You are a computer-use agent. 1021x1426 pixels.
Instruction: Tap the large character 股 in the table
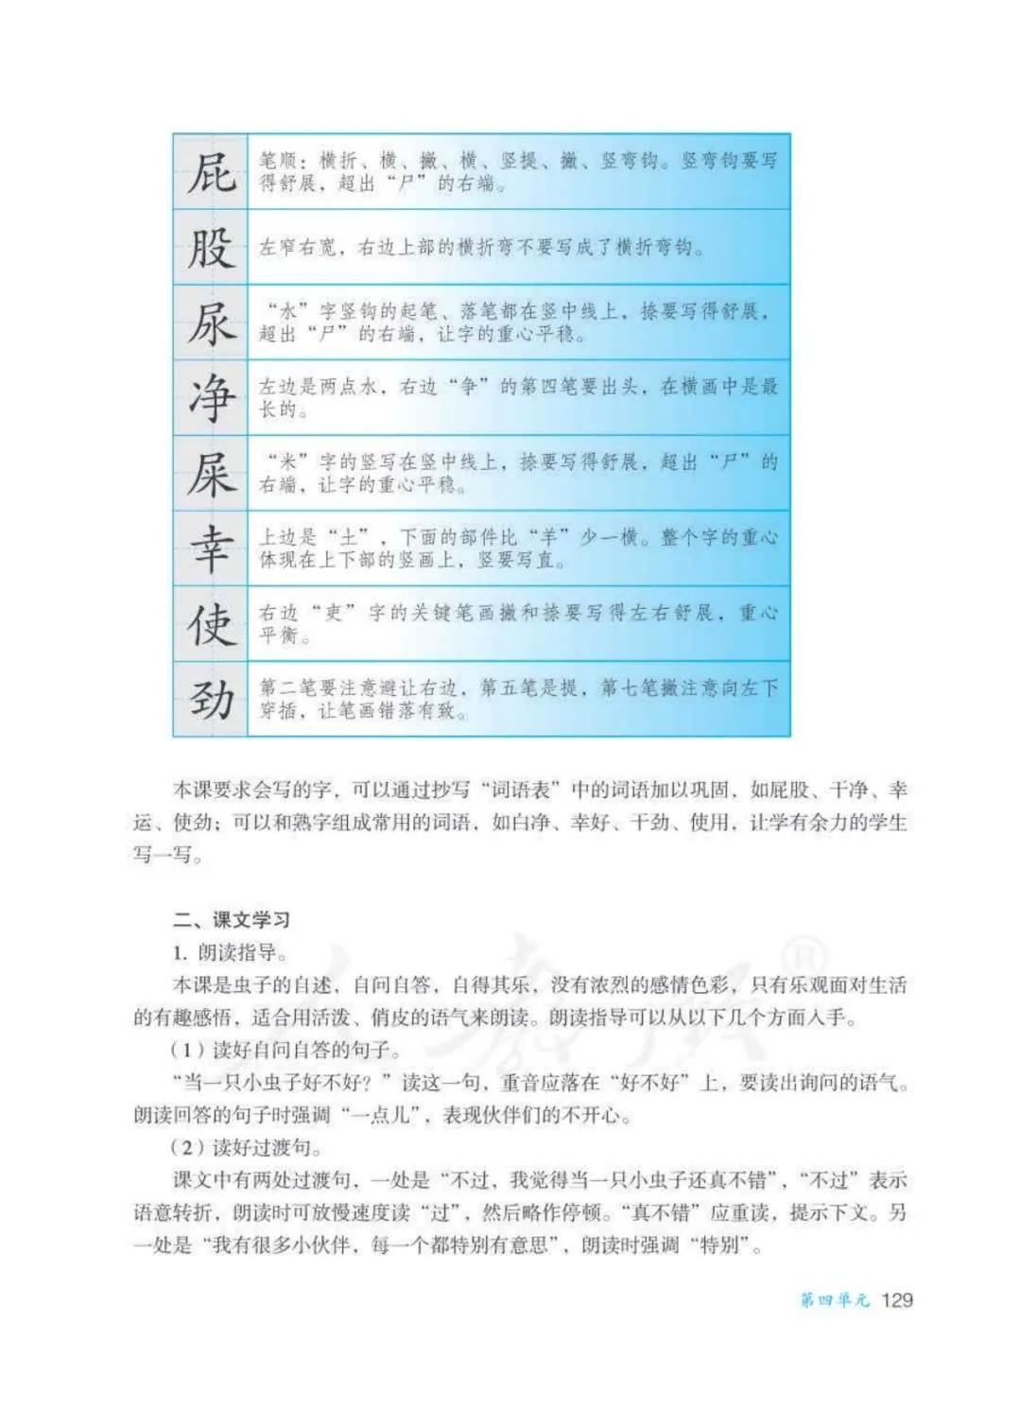click(x=211, y=248)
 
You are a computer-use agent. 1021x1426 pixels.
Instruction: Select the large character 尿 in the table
click(x=211, y=323)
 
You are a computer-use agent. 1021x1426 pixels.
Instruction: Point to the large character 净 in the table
click(x=211, y=398)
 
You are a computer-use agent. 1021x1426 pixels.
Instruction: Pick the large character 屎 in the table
click(x=211, y=474)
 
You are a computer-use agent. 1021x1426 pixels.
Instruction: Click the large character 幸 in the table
click(x=211, y=549)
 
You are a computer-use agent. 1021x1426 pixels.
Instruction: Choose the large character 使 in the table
click(x=211, y=624)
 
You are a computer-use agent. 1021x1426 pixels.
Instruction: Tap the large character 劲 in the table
click(x=211, y=700)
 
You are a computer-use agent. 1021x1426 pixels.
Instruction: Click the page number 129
click(x=896, y=1299)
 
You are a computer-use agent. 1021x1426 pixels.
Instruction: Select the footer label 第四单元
click(x=834, y=1300)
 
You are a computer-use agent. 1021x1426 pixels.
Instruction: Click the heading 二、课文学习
click(x=231, y=919)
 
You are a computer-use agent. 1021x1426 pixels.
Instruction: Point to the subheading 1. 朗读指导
click(x=231, y=952)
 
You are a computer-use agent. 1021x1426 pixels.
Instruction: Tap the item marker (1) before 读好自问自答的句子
click(x=187, y=1050)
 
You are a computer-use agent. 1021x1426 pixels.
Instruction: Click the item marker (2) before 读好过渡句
click(x=187, y=1148)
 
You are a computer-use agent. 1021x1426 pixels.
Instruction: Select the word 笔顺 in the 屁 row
click(x=280, y=161)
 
